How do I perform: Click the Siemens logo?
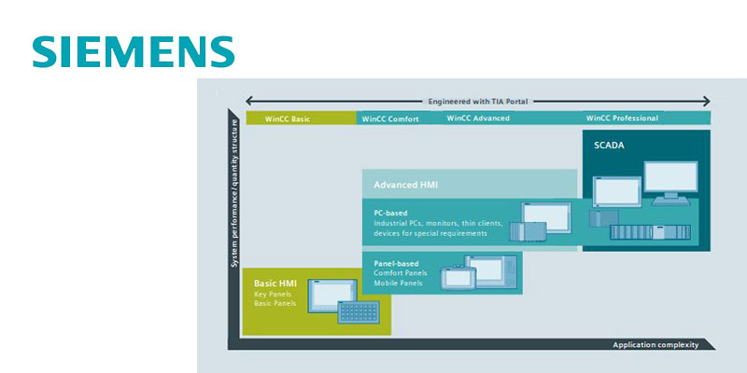tap(133, 51)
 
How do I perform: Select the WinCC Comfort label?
tap(389, 118)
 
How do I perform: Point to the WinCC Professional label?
tap(622, 118)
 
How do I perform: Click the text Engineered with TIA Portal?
tap(478, 99)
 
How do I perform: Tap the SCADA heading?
tap(608, 145)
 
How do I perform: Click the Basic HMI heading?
tap(275, 283)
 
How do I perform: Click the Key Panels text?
tap(273, 295)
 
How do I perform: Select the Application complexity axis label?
tap(655, 345)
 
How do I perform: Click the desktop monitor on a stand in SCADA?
tap(674, 181)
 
